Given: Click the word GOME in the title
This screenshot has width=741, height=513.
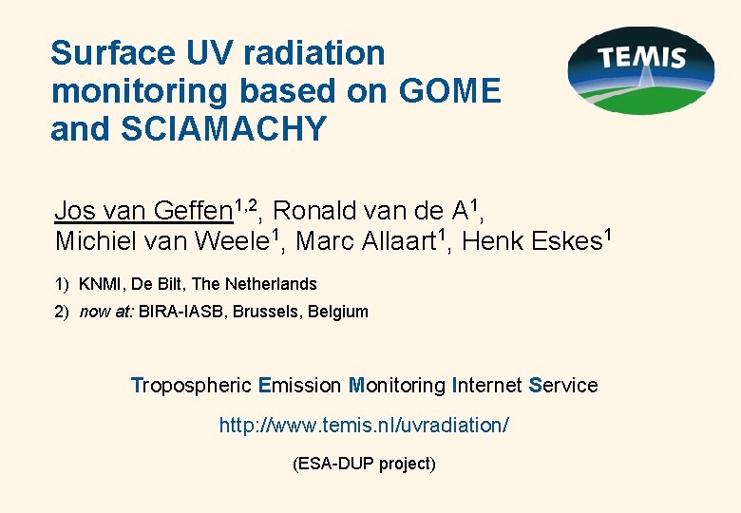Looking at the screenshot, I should point(451,91).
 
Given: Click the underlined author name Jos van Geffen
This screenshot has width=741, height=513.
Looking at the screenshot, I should point(142,210).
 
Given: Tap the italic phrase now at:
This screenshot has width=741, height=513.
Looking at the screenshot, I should point(107,312).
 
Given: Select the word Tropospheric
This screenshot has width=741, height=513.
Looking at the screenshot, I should point(190,386).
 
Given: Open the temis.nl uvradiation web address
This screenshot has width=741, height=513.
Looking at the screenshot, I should point(364,426).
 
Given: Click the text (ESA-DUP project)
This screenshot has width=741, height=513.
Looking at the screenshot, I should point(364,464).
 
